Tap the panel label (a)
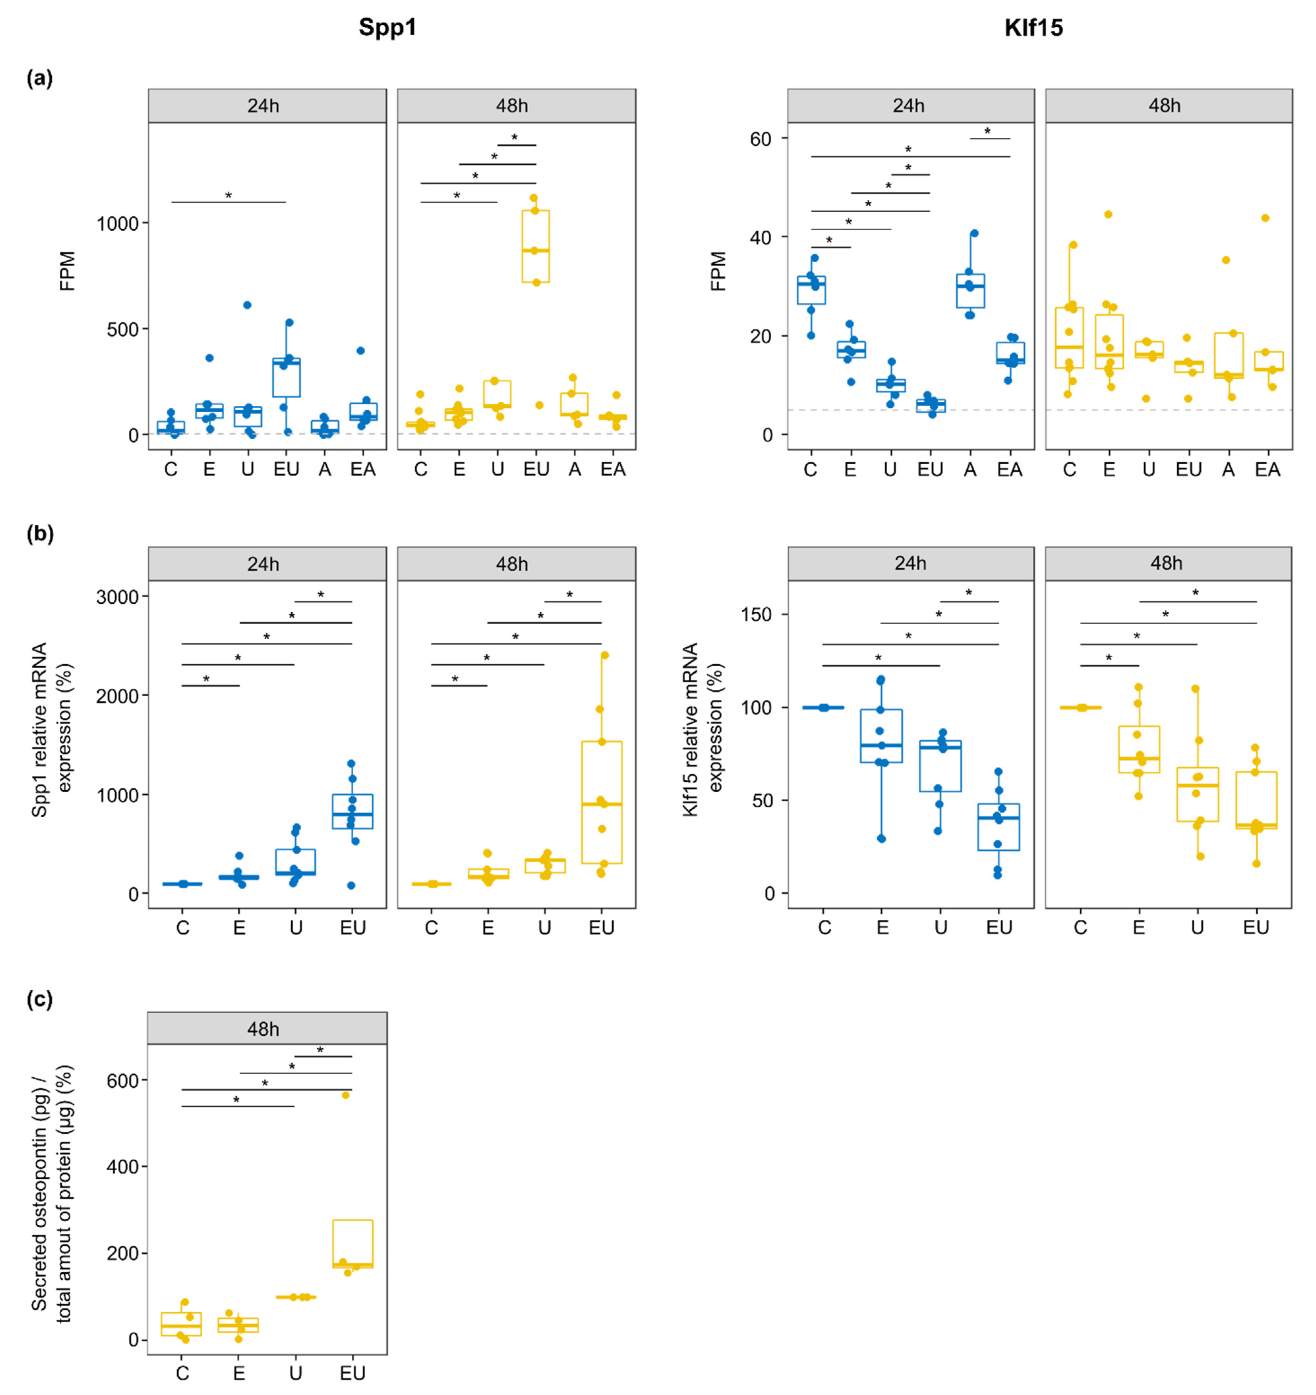(x=39, y=78)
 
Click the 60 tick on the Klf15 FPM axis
(x=760, y=139)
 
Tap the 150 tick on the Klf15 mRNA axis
(x=756, y=615)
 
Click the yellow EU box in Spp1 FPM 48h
(x=536, y=246)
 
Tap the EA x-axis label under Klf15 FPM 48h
(x=1268, y=469)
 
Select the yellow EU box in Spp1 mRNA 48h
(x=601, y=802)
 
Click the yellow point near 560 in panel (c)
(x=345, y=1095)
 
